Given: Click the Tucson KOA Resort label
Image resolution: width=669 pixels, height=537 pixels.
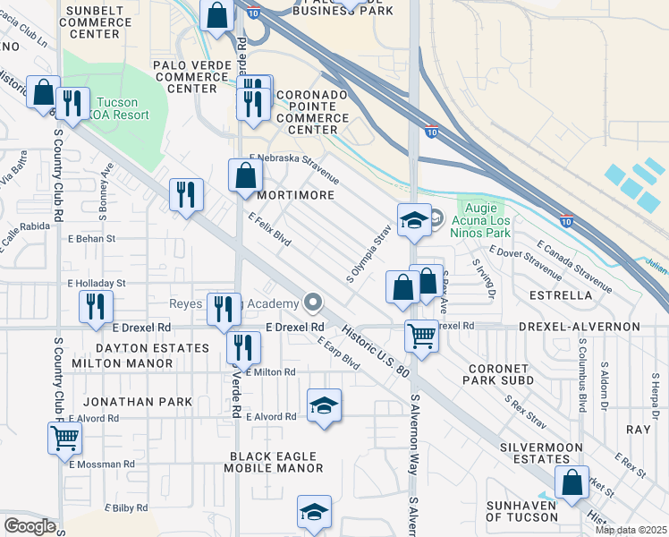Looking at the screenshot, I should (x=124, y=109).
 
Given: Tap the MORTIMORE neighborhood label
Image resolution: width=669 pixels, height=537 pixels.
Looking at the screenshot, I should (x=296, y=194).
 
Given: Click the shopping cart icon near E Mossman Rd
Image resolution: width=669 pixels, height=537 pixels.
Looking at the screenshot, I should (x=64, y=439).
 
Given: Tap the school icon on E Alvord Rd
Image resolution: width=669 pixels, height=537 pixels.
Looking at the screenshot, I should (x=325, y=405).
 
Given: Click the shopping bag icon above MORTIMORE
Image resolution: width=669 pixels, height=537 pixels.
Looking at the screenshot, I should (x=245, y=175).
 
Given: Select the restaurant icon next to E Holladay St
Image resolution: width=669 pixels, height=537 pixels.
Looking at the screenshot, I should (x=95, y=305).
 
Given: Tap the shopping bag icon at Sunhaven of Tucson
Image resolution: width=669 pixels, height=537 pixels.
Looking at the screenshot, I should (x=571, y=482).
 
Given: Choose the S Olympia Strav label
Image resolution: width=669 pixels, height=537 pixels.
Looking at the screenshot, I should (x=368, y=257).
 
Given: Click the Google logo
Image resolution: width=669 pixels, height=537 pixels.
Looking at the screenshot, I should (x=30, y=526).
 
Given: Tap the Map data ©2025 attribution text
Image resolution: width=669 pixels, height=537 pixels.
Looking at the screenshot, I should (x=630, y=530).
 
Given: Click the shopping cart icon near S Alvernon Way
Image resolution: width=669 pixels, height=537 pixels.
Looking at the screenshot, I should (x=421, y=337).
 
